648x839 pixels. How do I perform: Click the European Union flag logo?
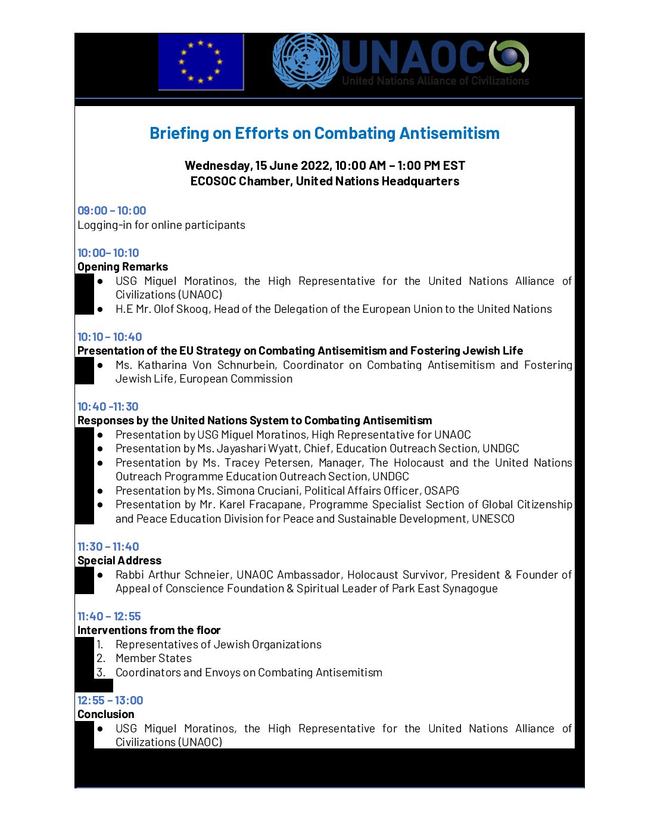pyautogui.click(x=201, y=62)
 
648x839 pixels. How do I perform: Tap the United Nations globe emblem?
pyautogui.click(x=306, y=61)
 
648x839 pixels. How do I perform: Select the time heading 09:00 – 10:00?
pyautogui.click(x=111, y=211)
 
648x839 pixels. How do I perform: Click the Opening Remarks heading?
pyautogui.click(x=123, y=267)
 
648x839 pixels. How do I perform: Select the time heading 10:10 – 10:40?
pyautogui.click(x=110, y=337)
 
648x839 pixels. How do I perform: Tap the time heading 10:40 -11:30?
pyautogui.click(x=108, y=407)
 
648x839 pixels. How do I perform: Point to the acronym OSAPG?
pyautogui.click(x=441, y=491)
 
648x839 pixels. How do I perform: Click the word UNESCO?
pyautogui.click(x=493, y=519)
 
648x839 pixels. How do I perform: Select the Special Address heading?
pyautogui.click(x=119, y=561)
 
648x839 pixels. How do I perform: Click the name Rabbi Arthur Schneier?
pyautogui.click(x=173, y=575)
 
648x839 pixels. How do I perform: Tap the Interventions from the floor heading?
pyautogui.click(x=149, y=630)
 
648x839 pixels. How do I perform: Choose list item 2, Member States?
pyautogui.click(x=154, y=658)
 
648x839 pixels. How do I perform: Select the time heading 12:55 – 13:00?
pyautogui.click(x=110, y=701)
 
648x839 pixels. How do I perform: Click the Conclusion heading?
pyautogui.click(x=106, y=714)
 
